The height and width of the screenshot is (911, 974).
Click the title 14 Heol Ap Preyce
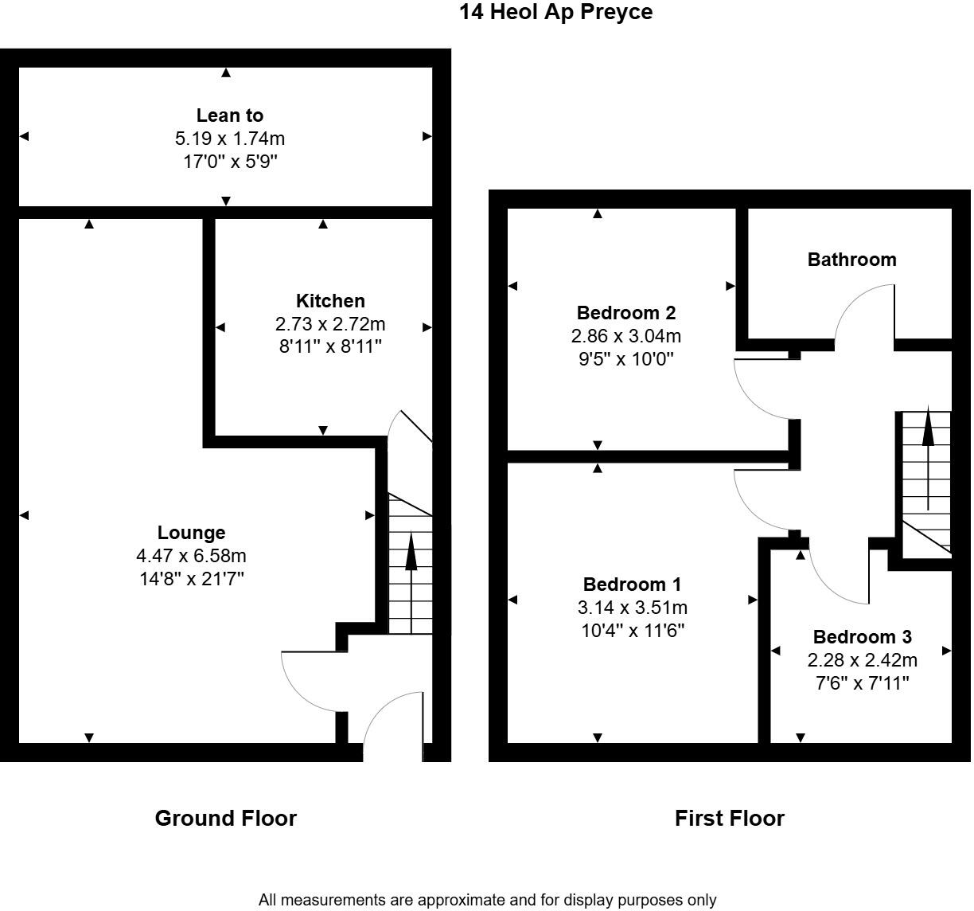coord(555,12)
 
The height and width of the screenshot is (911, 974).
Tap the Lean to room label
coord(230,115)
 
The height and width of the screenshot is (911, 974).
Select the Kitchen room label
coord(330,301)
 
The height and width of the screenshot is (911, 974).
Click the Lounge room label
coord(191,533)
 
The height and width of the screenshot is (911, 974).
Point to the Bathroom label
coord(851,260)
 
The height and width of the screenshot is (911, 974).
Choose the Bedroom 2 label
coord(625,313)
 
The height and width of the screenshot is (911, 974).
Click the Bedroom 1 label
coord(632,585)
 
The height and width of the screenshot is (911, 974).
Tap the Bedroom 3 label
coord(862,637)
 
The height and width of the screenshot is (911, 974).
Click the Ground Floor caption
coord(225,819)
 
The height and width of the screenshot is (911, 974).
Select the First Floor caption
coord(729,819)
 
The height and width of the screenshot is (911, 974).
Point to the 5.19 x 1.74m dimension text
coord(230,139)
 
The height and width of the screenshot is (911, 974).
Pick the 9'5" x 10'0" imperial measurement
coord(625,358)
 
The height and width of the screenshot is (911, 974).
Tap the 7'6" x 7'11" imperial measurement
coord(862,682)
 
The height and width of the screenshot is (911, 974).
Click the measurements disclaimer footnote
coord(487,900)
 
